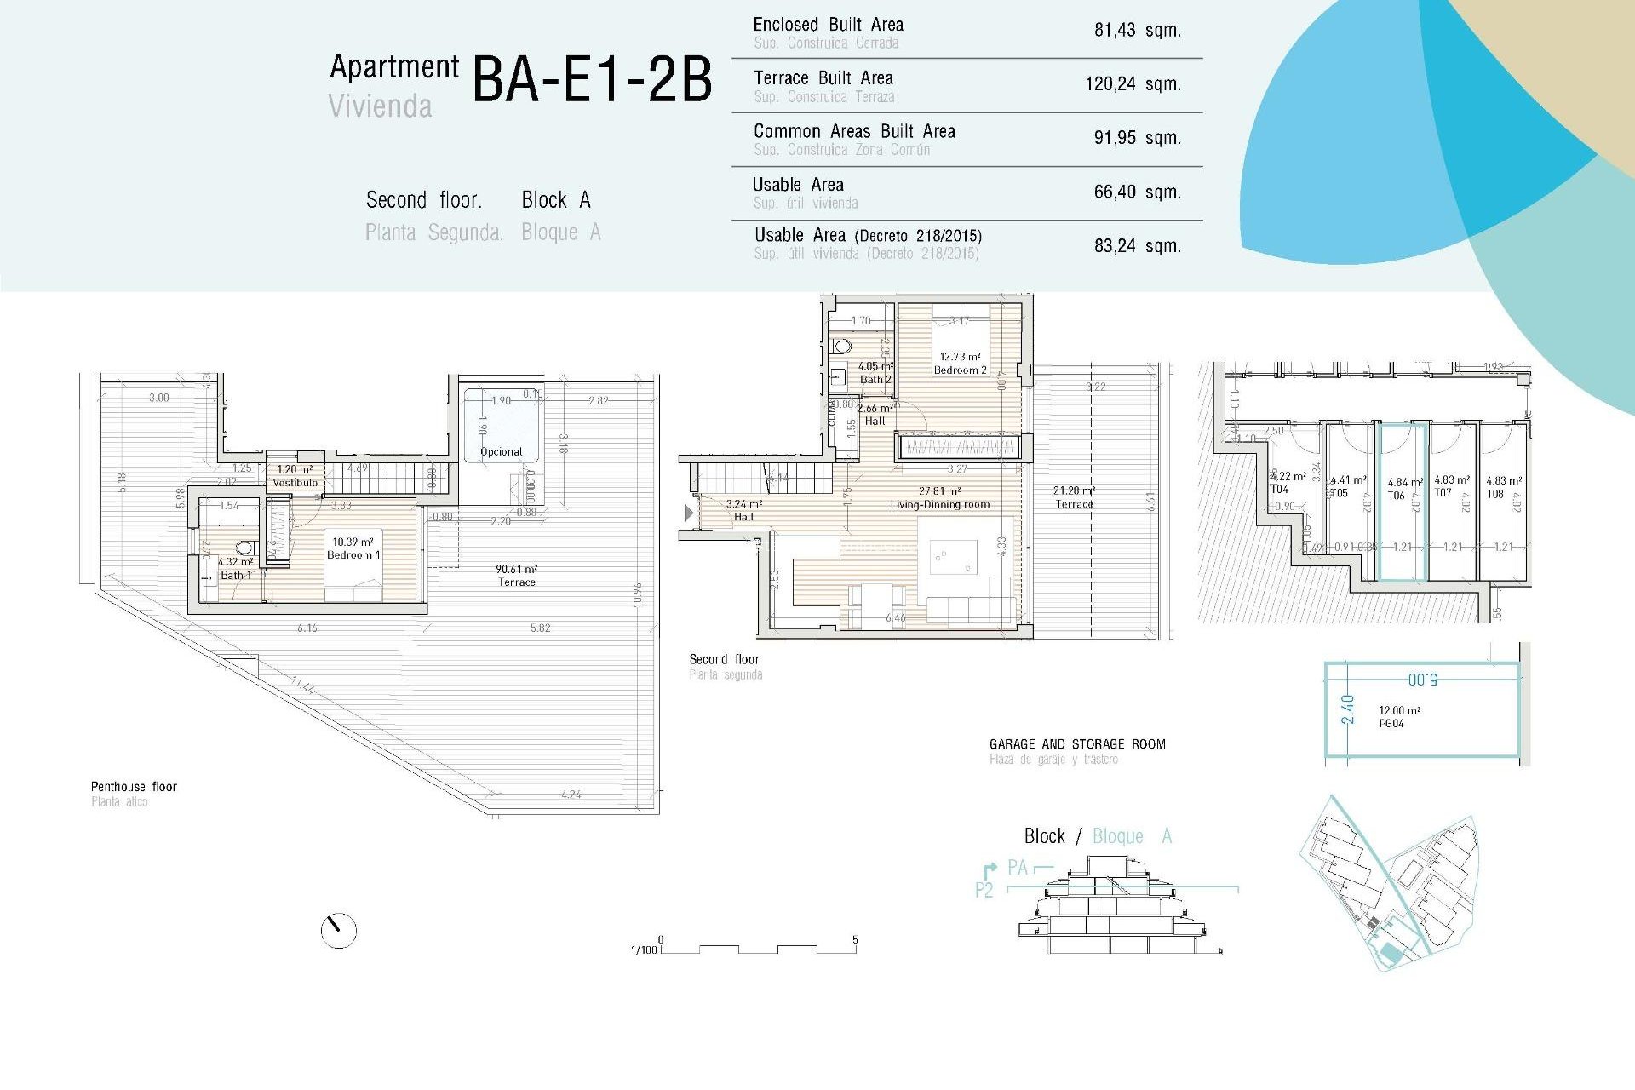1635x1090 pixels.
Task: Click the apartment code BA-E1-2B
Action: [x=592, y=80]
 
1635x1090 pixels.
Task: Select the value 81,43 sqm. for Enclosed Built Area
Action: [x=1137, y=30]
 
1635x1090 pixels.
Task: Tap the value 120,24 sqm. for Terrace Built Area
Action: [x=1133, y=83]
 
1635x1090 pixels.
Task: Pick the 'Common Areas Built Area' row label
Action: [x=854, y=131]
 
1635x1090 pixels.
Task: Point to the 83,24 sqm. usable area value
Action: [x=1137, y=246]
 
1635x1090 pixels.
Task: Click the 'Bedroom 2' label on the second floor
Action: [x=960, y=370]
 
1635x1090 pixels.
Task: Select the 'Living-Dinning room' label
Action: [x=940, y=504]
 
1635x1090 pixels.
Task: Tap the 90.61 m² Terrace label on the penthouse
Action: [x=516, y=576]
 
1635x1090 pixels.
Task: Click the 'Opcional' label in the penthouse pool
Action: [x=501, y=452]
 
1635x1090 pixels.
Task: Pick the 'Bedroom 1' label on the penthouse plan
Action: [x=353, y=554]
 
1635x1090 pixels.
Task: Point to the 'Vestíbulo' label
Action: [x=295, y=482]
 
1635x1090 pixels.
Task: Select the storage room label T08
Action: [x=1495, y=494]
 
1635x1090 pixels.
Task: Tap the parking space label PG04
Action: [x=1391, y=723]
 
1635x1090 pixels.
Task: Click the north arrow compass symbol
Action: [x=338, y=930]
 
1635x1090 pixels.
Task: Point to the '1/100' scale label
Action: [x=644, y=949]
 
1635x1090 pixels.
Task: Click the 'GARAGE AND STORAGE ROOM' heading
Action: [x=1077, y=744]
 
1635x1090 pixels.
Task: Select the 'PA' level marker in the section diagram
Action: [x=1017, y=868]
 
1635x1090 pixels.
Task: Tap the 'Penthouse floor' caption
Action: [x=134, y=787]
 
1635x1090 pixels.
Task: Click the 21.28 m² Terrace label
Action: [x=1074, y=497]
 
